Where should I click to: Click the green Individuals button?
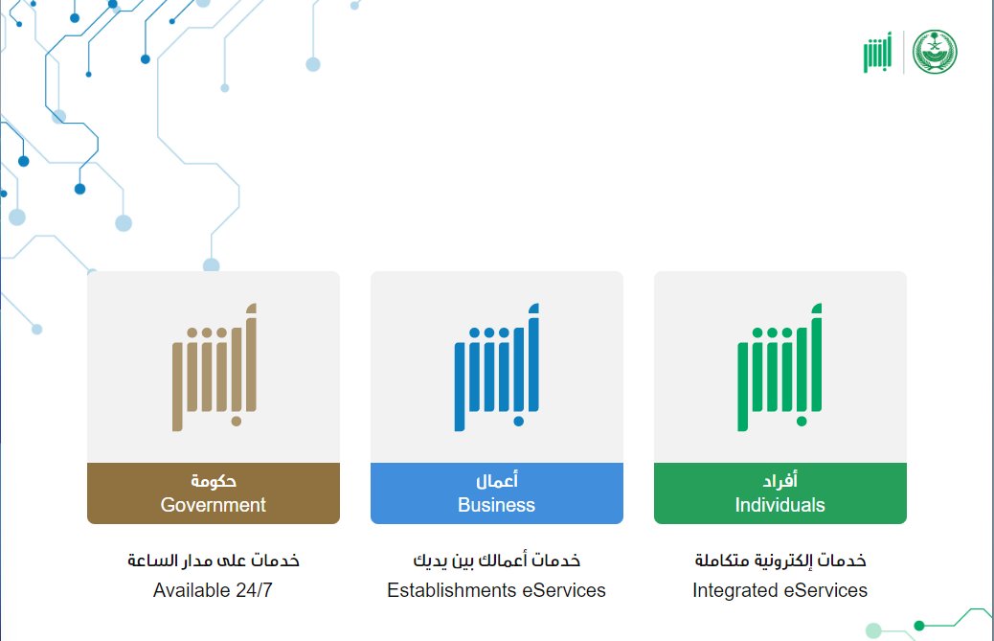(779, 493)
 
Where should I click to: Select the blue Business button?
(496, 493)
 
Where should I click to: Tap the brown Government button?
(213, 493)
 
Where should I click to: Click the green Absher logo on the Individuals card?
(779, 367)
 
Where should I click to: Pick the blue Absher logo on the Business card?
(496, 367)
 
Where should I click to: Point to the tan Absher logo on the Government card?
(215, 367)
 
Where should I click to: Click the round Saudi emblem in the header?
(935, 52)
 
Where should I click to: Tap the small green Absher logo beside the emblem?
(877, 53)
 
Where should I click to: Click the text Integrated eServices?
(779, 590)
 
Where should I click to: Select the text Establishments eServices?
(496, 590)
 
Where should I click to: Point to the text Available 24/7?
(213, 590)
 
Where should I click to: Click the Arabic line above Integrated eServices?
(780, 561)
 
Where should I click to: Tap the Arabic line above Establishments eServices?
(497, 561)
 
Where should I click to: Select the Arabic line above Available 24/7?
(214, 561)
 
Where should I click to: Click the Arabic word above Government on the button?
(214, 481)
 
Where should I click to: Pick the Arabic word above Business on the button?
(497, 481)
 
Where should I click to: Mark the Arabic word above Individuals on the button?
(780, 481)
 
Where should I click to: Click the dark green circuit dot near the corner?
(919, 626)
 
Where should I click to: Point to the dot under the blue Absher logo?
(519, 421)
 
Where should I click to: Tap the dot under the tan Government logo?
(237, 421)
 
